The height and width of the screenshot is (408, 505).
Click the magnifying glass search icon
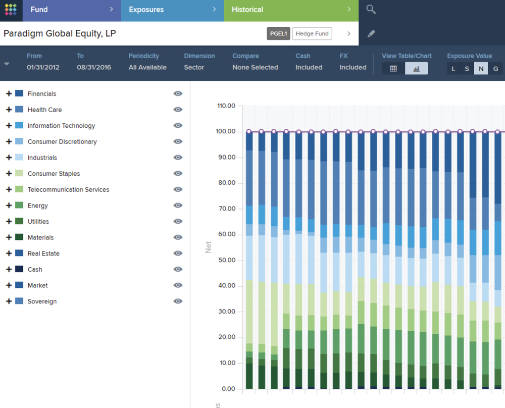371,10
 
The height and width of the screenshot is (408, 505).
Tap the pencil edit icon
371,34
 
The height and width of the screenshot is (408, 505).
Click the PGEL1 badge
278,34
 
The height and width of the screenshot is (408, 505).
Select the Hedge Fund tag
312,34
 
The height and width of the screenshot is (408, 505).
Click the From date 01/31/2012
43,67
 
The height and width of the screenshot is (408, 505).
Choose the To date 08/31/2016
94,67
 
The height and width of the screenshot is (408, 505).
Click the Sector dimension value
194,67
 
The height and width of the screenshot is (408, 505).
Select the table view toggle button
393,69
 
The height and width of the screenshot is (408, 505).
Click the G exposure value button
495,69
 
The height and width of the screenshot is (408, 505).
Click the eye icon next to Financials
178,94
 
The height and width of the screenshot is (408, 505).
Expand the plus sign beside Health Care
9,110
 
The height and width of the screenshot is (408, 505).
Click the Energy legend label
38,206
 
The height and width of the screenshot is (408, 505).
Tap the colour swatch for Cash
19,269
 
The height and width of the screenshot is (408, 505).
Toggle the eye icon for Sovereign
178,301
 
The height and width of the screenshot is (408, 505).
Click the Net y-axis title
208,247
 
